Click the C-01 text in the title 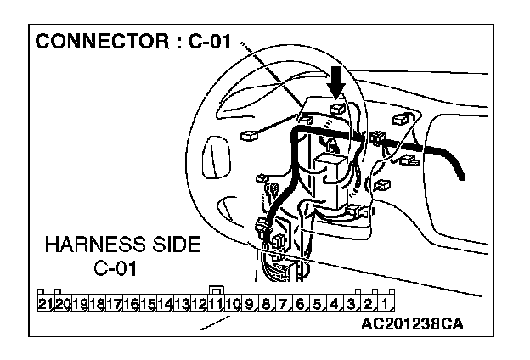[213, 42]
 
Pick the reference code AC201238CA [413, 324]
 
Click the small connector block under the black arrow [337, 109]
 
